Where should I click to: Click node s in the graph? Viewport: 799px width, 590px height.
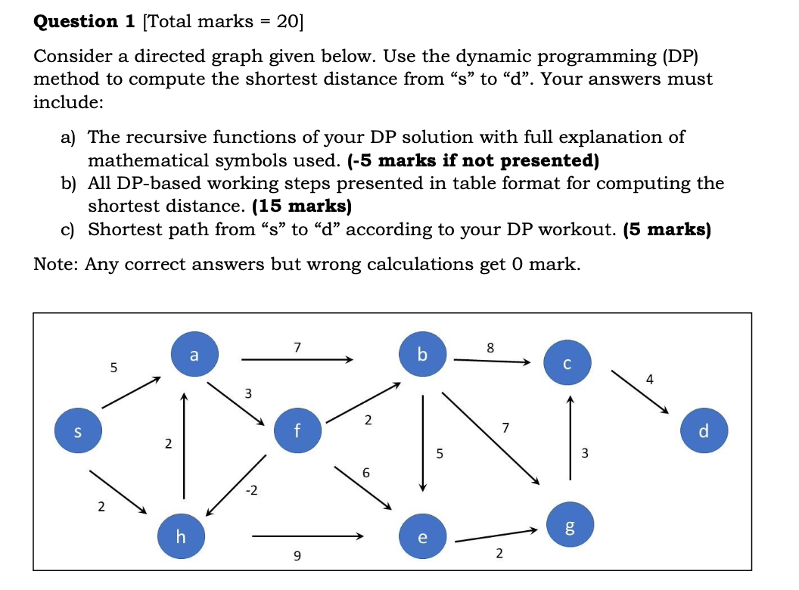(x=76, y=432)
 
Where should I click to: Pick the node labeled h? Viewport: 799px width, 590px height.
(x=180, y=536)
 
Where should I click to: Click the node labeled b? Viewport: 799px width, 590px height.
(x=422, y=354)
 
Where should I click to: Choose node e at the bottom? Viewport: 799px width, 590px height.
(x=422, y=538)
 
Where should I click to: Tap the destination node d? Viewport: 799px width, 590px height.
(x=704, y=432)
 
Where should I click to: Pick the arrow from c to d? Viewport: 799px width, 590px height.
(x=640, y=393)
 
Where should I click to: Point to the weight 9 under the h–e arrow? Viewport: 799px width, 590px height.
(x=297, y=557)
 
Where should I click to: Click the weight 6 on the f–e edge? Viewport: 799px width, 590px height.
(x=366, y=472)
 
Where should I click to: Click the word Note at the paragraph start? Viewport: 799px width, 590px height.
(x=55, y=264)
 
